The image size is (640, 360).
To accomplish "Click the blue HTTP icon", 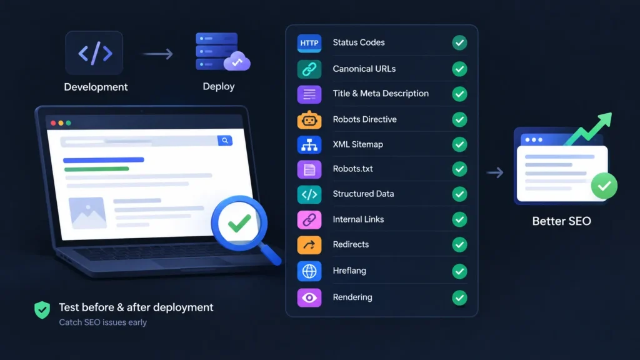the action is (309, 43).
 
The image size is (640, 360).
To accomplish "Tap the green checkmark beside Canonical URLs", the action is (459, 69).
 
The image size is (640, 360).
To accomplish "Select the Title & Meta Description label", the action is (381, 94).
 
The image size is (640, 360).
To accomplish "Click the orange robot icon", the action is (309, 120).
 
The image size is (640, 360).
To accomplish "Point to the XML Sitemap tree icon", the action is (309, 145).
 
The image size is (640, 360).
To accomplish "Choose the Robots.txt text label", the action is (352, 169).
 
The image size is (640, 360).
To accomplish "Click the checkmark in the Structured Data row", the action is (459, 194).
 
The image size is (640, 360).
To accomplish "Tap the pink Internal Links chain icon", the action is (309, 220).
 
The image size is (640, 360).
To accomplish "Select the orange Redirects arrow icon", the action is (309, 245).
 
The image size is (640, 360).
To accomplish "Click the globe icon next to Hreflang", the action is (309, 271).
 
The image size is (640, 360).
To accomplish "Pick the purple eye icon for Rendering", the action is (309, 298).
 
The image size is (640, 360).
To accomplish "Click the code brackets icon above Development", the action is (94, 53).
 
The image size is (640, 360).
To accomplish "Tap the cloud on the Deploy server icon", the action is (237, 61).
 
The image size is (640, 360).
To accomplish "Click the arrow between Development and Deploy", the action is (158, 54).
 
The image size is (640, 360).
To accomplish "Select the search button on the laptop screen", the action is (225, 141).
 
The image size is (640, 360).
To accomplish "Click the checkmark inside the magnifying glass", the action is (239, 223).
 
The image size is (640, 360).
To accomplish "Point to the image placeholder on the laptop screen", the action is (87, 213).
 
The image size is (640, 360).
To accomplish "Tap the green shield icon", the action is (42, 310).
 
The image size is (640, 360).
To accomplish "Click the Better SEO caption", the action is (561, 221).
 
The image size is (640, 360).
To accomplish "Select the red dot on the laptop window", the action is (53, 123).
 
